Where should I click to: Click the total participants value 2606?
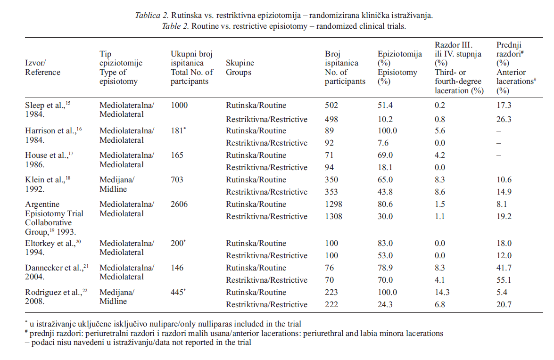click(x=179, y=204)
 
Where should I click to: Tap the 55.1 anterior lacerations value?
click(x=504, y=280)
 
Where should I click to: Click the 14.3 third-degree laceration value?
click(x=443, y=292)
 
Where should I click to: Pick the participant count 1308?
click(x=334, y=216)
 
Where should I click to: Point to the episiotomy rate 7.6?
click(x=384, y=143)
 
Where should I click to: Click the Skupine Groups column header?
click(x=240, y=67)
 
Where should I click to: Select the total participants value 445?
click(x=178, y=292)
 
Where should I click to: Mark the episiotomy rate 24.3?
click(x=386, y=304)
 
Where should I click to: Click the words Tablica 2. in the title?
click(x=150, y=16)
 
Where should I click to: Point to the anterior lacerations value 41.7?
click(x=504, y=268)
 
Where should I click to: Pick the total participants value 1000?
click(x=179, y=105)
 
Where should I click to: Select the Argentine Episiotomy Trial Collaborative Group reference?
click(x=54, y=218)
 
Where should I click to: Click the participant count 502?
click(x=331, y=105)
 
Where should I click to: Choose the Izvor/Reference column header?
click(x=42, y=67)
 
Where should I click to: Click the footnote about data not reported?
click(x=138, y=343)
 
